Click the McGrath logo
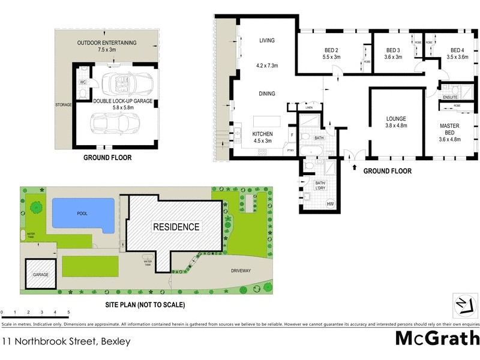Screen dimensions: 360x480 (437, 338)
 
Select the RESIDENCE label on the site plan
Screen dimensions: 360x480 (176, 227)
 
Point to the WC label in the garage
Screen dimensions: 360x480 (83, 83)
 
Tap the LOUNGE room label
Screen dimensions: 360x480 (396, 119)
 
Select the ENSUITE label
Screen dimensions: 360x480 (451, 97)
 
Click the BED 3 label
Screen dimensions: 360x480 (393, 50)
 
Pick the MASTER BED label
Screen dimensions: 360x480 (449, 129)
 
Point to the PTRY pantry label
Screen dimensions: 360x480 (290, 151)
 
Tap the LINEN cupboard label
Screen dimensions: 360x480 (309, 109)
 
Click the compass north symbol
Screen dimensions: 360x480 (463, 306)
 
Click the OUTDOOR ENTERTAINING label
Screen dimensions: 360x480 (107, 43)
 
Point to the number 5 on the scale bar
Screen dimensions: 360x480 (69, 313)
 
